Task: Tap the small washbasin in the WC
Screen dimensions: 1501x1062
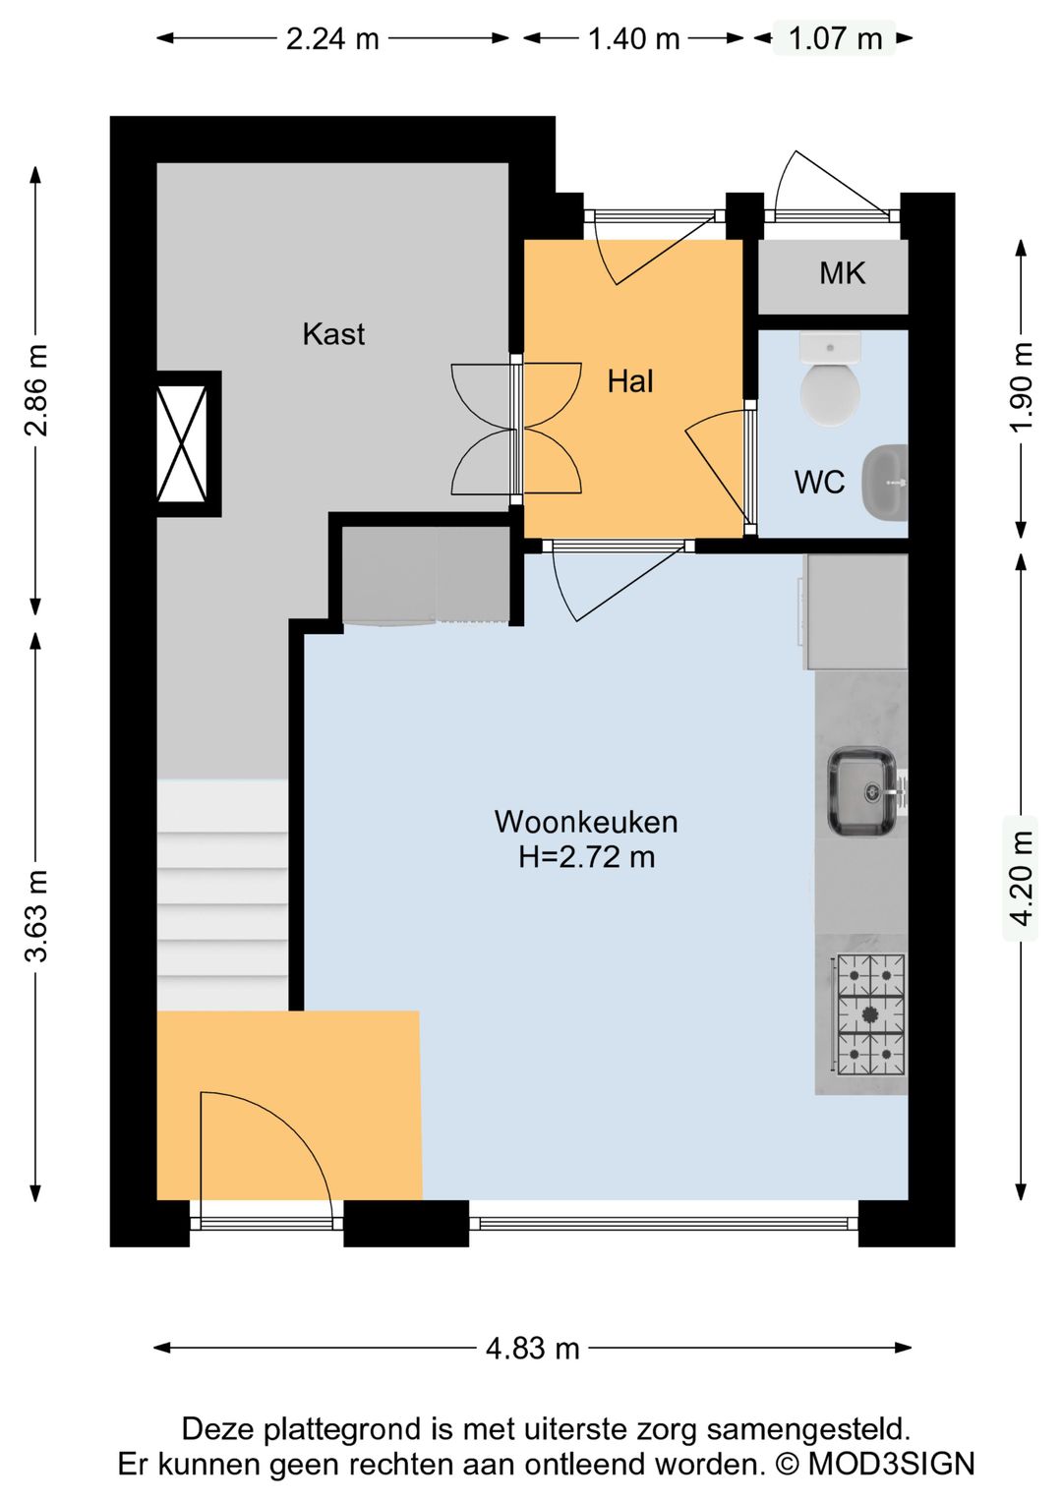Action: coord(885,483)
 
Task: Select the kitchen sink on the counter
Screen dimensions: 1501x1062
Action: coord(862,791)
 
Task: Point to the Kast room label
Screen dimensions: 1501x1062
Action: coord(333,334)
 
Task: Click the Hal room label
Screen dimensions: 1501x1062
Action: coord(629,381)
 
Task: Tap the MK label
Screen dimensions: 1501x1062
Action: coord(842,273)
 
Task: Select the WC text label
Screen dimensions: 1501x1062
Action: coord(819,483)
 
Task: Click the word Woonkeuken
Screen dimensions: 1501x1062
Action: coord(586,822)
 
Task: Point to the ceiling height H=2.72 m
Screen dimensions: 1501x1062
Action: coord(586,857)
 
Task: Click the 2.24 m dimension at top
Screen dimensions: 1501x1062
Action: coord(332,39)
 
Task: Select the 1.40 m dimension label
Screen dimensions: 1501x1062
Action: coord(633,39)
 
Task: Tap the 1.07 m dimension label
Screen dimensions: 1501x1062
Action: coord(835,39)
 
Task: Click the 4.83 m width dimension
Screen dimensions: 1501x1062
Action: coord(532,1348)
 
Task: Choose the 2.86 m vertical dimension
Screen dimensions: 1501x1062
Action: coord(36,390)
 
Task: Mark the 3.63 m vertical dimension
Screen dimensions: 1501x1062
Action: coord(36,916)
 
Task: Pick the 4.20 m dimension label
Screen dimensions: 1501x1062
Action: coord(1022,878)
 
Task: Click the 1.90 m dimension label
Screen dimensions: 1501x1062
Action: coord(1022,386)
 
